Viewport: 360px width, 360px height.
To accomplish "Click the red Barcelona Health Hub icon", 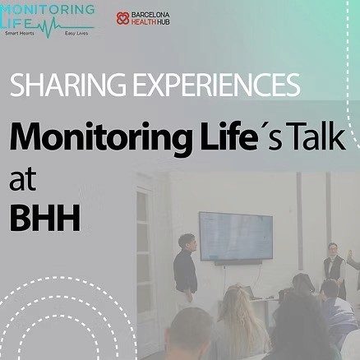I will pos(123,17).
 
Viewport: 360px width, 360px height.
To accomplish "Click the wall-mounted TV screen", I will pos(236,236).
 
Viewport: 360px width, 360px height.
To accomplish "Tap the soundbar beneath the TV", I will pos(238,262).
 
